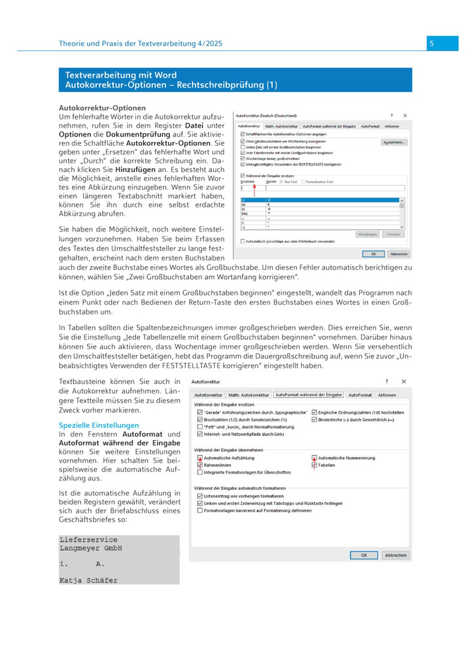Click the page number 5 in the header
[x=432, y=43]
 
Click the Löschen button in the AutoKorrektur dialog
[x=392, y=233]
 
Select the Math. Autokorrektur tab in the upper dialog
[x=281, y=126]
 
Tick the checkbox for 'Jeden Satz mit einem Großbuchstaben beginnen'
[x=243, y=147]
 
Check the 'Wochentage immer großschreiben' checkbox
[x=243, y=158]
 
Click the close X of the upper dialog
[x=405, y=114]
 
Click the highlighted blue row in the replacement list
[x=321, y=199]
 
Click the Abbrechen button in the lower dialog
[x=395, y=555]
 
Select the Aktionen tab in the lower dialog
[x=387, y=395]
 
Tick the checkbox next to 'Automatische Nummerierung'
[x=314, y=458]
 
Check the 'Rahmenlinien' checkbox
[x=200, y=465]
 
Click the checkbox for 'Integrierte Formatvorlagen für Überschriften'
[x=200, y=472]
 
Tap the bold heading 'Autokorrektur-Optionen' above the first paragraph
[x=103, y=107]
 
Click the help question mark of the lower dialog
[x=386, y=381]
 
